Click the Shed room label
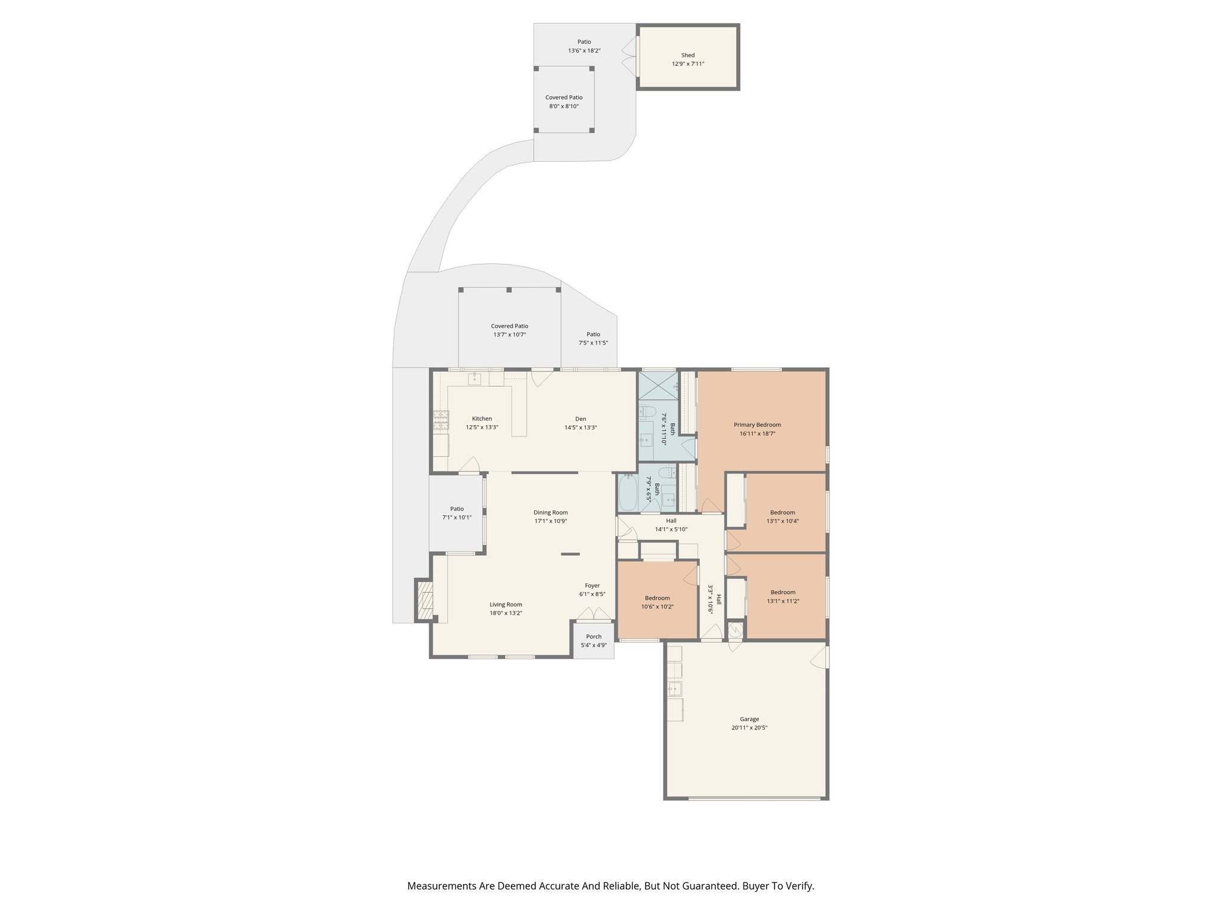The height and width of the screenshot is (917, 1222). click(688, 55)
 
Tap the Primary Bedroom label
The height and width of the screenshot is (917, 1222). click(757, 424)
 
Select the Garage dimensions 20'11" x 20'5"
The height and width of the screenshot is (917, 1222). click(749, 728)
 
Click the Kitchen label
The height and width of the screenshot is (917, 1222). click(482, 419)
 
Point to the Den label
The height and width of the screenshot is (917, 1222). click(581, 419)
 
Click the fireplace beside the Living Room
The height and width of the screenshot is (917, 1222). click(425, 601)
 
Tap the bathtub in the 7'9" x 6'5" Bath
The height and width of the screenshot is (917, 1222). click(627, 493)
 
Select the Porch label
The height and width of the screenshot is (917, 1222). click(594, 636)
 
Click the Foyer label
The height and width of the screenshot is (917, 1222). click(592, 586)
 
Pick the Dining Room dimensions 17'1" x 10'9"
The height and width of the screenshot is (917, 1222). click(551, 521)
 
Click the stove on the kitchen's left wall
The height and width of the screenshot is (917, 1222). click(441, 420)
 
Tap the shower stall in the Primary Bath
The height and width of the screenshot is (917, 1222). click(658, 386)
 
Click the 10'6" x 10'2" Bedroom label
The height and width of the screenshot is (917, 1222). click(657, 598)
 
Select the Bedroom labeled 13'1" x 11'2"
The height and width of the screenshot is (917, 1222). click(783, 592)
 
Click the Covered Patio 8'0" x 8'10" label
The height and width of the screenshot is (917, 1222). click(564, 97)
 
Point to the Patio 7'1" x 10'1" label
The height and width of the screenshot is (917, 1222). click(456, 509)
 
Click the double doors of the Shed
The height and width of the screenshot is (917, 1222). click(629, 56)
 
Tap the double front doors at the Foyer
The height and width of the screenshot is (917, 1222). click(594, 614)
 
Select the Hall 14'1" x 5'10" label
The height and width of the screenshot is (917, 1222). click(671, 521)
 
